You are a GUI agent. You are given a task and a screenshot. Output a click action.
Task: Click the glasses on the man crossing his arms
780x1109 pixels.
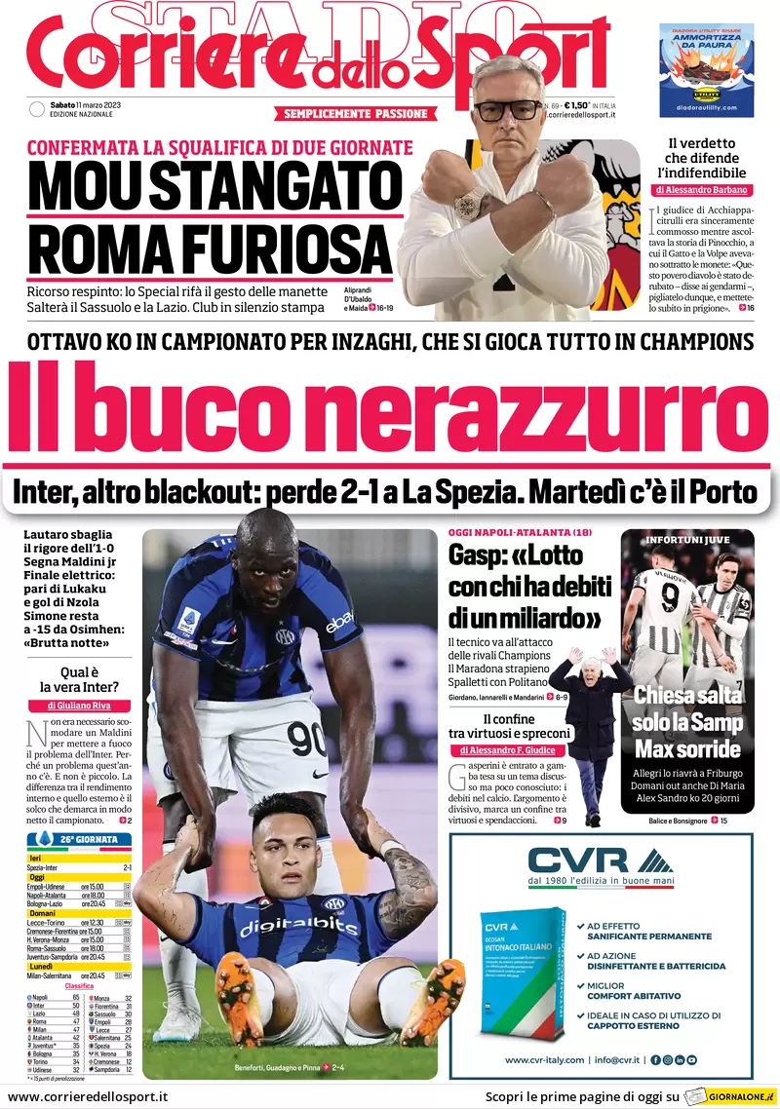pos(506,108)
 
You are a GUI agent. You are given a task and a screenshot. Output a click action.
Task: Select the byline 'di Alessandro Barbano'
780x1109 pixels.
pos(702,189)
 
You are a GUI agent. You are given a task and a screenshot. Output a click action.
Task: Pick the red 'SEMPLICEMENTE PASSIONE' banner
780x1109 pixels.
pos(356,114)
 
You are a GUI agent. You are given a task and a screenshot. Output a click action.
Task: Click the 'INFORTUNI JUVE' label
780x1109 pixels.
pos(687,539)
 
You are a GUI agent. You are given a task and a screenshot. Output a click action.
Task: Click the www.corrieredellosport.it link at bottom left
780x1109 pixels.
pos(88,1097)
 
